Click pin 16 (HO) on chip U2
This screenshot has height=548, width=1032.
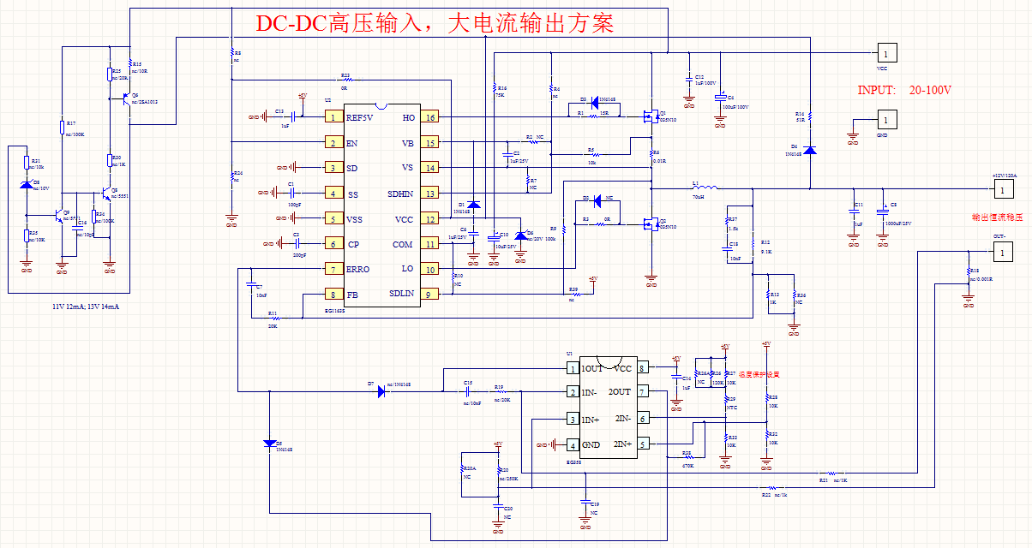pos(429,117)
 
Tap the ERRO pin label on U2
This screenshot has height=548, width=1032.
pos(358,269)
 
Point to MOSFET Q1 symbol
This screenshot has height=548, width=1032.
pos(650,116)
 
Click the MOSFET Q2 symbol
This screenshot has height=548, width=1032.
pos(650,224)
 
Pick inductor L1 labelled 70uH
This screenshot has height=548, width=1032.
pos(705,188)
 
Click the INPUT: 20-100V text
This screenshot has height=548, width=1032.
pos(905,90)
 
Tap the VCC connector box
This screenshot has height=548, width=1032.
pos(886,53)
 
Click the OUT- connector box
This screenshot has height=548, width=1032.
pos(998,252)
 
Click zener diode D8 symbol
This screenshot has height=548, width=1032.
pos(26,185)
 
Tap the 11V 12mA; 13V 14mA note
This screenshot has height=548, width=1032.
pos(86,306)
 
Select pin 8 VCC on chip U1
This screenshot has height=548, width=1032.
pos(641,368)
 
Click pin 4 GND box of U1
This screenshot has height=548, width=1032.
pos(573,445)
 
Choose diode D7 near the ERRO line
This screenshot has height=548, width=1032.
pos(380,391)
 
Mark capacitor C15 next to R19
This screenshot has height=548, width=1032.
pos(468,391)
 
